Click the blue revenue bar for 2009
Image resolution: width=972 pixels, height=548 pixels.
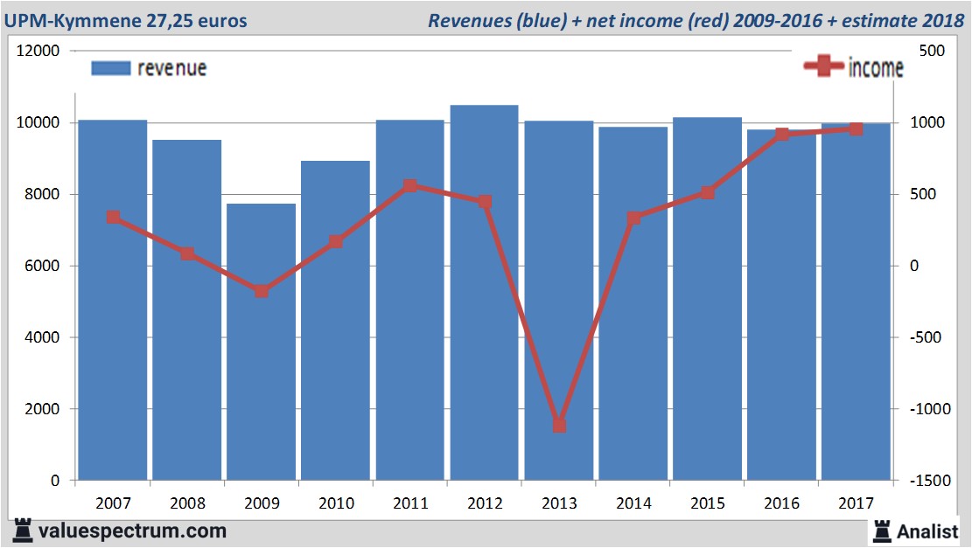coord(261,341)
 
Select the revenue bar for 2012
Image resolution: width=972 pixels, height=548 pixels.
coord(484,293)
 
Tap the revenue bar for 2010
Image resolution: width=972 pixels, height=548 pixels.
coord(336,320)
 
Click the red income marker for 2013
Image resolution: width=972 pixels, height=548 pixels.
coord(559,426)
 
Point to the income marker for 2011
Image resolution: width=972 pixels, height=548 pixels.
coord(410,186)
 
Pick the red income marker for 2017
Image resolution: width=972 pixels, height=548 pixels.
coord(857,129)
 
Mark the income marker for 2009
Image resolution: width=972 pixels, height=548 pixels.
coord(262,291)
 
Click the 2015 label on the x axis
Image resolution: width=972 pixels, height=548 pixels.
coord(708,503)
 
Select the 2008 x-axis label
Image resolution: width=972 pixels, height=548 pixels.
coord(187,503)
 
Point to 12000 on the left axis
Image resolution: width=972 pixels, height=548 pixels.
coord(38,51)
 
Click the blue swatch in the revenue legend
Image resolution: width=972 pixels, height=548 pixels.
coord(110,68)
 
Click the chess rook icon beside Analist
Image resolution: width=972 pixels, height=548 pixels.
coord(881,531)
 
